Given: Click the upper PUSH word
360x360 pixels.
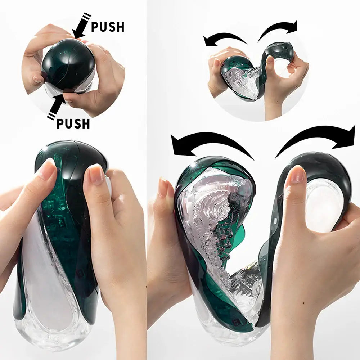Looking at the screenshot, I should pyautogui.click(x=107, y=27).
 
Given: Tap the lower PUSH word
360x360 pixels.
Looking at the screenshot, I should pyautogui.click(x=73, y=123).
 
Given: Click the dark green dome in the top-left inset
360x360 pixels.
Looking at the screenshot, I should pyautogui.click(x=68, y=65).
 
